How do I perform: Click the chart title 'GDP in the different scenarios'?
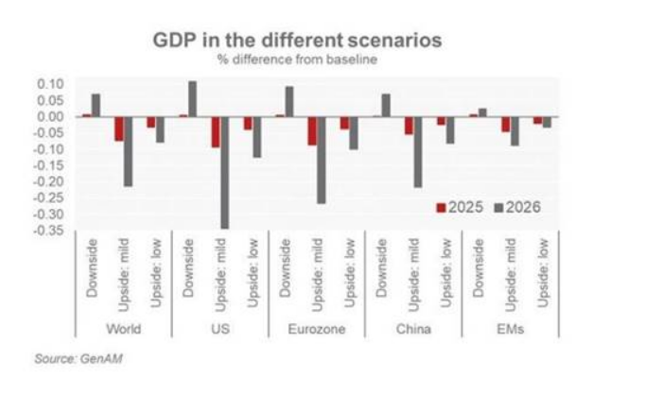coord(298,42)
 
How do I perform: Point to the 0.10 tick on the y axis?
coord(51,85)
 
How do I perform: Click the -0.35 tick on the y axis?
coord(49,230)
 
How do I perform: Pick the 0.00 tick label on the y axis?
coord(51,116)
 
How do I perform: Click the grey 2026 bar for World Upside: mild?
coord(128,151)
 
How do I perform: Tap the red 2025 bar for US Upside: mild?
coord(215,132)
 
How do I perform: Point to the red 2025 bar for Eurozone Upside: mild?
coord(311,130)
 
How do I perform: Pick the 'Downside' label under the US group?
coord(187,269)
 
